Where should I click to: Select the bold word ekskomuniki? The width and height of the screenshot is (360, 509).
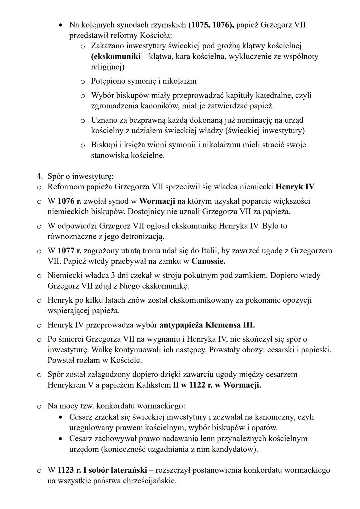click(x=115, y=56)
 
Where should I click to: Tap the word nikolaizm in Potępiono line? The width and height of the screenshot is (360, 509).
click(x=179, y=81)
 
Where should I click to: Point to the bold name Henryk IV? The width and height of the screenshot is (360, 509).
click(x=295, y=187)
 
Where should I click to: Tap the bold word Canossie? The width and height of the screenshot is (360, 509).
click(x=208, y=261)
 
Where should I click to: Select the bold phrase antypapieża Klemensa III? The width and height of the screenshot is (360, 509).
click(x=207, y=325)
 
